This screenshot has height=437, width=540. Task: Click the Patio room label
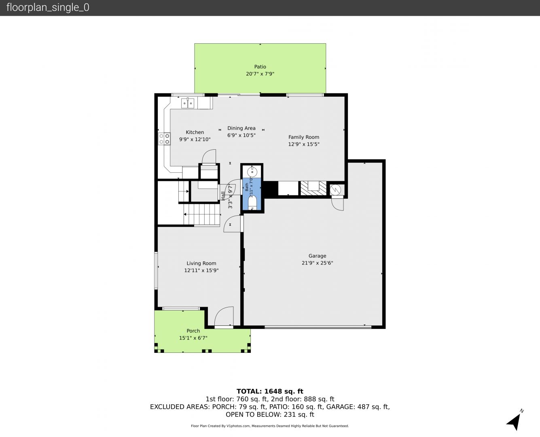coord(260,67)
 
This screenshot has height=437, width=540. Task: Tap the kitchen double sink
coord(188,104)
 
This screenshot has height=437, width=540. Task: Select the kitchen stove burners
coord(164,139)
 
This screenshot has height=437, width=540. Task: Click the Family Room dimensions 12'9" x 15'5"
coord(304,144)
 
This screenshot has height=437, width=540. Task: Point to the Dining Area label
coord(241,128)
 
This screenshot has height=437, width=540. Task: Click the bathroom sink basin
coord(252,172)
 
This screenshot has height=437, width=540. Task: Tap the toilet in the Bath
coord(252,204)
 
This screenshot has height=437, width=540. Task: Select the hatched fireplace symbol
coord(313,188)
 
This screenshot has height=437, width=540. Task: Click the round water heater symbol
coord(335,189)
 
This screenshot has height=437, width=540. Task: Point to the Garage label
coord(318,256)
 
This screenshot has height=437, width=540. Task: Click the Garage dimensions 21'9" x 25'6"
coord(318,263)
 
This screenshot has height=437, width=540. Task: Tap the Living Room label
coord(201,263)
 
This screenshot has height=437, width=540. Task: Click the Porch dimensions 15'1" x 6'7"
coord(193,338)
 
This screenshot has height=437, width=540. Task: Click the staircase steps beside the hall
coord(202,214)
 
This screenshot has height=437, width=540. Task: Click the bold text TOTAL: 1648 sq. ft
coord(270,391)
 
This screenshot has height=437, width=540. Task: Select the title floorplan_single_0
coord(48,8)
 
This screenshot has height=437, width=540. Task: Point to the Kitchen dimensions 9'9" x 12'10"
coord(195,139)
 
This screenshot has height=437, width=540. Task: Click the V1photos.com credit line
coord(270,426)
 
